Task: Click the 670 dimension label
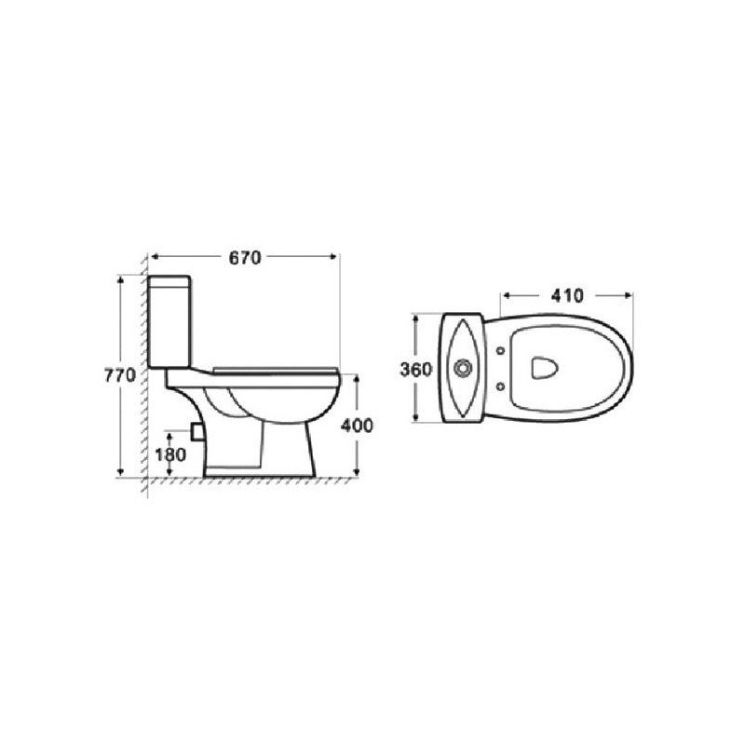[245, 258]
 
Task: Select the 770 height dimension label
[120, 375]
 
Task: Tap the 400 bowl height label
[357, 426]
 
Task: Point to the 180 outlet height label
[170, 454]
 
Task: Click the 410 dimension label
[567, 296]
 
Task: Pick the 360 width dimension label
[416, 369]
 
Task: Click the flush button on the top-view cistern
[462, 368]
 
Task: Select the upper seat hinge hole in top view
[500, 351]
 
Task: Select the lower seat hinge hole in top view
[500, 386]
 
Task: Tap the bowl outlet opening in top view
[545, 368]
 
